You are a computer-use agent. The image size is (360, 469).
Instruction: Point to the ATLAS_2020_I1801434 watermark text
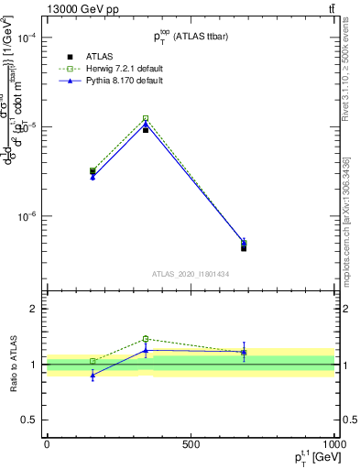point(190,274)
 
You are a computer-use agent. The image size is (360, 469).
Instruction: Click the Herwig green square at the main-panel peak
point(146,118)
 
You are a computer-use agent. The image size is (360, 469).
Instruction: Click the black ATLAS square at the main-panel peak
point(146,130)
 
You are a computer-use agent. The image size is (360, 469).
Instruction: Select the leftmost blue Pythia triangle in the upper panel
point(93,176)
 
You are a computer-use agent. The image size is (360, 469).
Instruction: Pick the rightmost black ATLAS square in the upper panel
point(244,248)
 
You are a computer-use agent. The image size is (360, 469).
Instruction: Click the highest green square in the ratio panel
point(146,339)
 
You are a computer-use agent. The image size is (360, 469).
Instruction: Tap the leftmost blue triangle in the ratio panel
point(93,376)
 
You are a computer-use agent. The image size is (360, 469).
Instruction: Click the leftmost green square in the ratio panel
point(93,361)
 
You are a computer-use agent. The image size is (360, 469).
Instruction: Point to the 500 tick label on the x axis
point(191,444)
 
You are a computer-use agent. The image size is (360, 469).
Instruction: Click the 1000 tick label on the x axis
point(334,444)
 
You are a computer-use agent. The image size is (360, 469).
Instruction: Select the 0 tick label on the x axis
point(47,444)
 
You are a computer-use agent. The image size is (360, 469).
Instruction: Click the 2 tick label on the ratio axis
point(32,310)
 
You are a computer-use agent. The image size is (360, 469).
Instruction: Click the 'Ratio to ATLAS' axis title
point(12,365)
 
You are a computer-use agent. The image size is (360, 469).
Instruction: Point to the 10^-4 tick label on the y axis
point(26,38)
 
